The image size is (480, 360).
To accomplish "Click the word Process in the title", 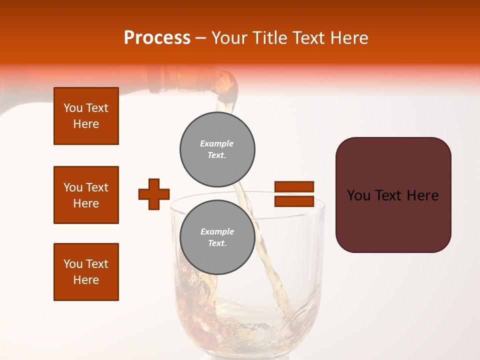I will click(x=157, y=38).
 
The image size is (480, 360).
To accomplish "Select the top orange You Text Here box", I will click(x=86, y=116).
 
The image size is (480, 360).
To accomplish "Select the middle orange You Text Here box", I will click(x=86, y=195).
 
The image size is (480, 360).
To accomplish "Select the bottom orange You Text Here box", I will click(x=86, y=272).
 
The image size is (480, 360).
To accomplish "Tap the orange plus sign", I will click(x=154, y=194).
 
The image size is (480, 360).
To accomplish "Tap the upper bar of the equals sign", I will click(x=294, y=186).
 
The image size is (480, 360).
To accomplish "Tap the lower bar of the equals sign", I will click(x=294, y=201).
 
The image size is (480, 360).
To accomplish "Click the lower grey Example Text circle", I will click(x=217, y=237).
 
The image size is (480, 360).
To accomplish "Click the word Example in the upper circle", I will click(x=217, y=143).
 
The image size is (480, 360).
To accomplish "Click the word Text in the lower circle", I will click(x=217, y=243).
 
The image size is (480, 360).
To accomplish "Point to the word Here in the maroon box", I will click(x=422, y=195).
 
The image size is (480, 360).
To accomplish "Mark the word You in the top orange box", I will click(x=73, y=108).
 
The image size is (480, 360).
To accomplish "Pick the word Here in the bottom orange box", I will click(x=86, y=280).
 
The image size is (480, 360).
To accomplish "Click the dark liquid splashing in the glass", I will click(x=192, y=285).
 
